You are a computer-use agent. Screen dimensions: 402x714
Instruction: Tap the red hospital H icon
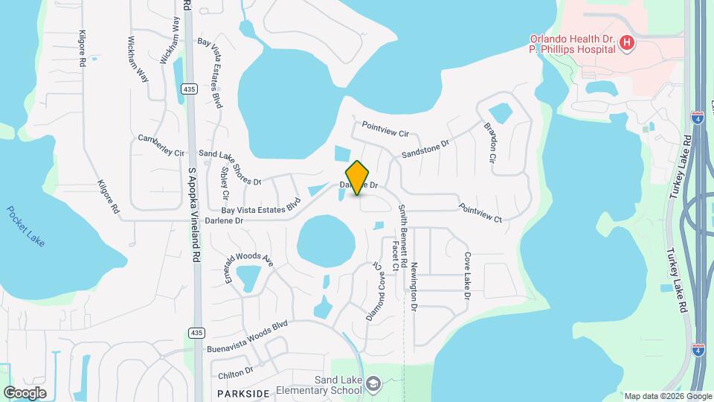(x=627, y=43)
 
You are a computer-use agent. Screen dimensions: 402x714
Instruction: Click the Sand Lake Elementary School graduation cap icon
(x=373, y=384)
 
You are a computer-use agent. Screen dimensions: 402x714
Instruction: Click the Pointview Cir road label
(x=386, y=130)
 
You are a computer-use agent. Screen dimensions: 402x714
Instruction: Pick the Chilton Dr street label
(x=237, y=370)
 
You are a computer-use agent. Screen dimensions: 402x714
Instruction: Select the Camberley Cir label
(x=161, y=145)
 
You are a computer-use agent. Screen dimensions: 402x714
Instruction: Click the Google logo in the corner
(x=25, y=392)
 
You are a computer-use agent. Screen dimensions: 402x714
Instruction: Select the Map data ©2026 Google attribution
(x=666, y=396)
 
